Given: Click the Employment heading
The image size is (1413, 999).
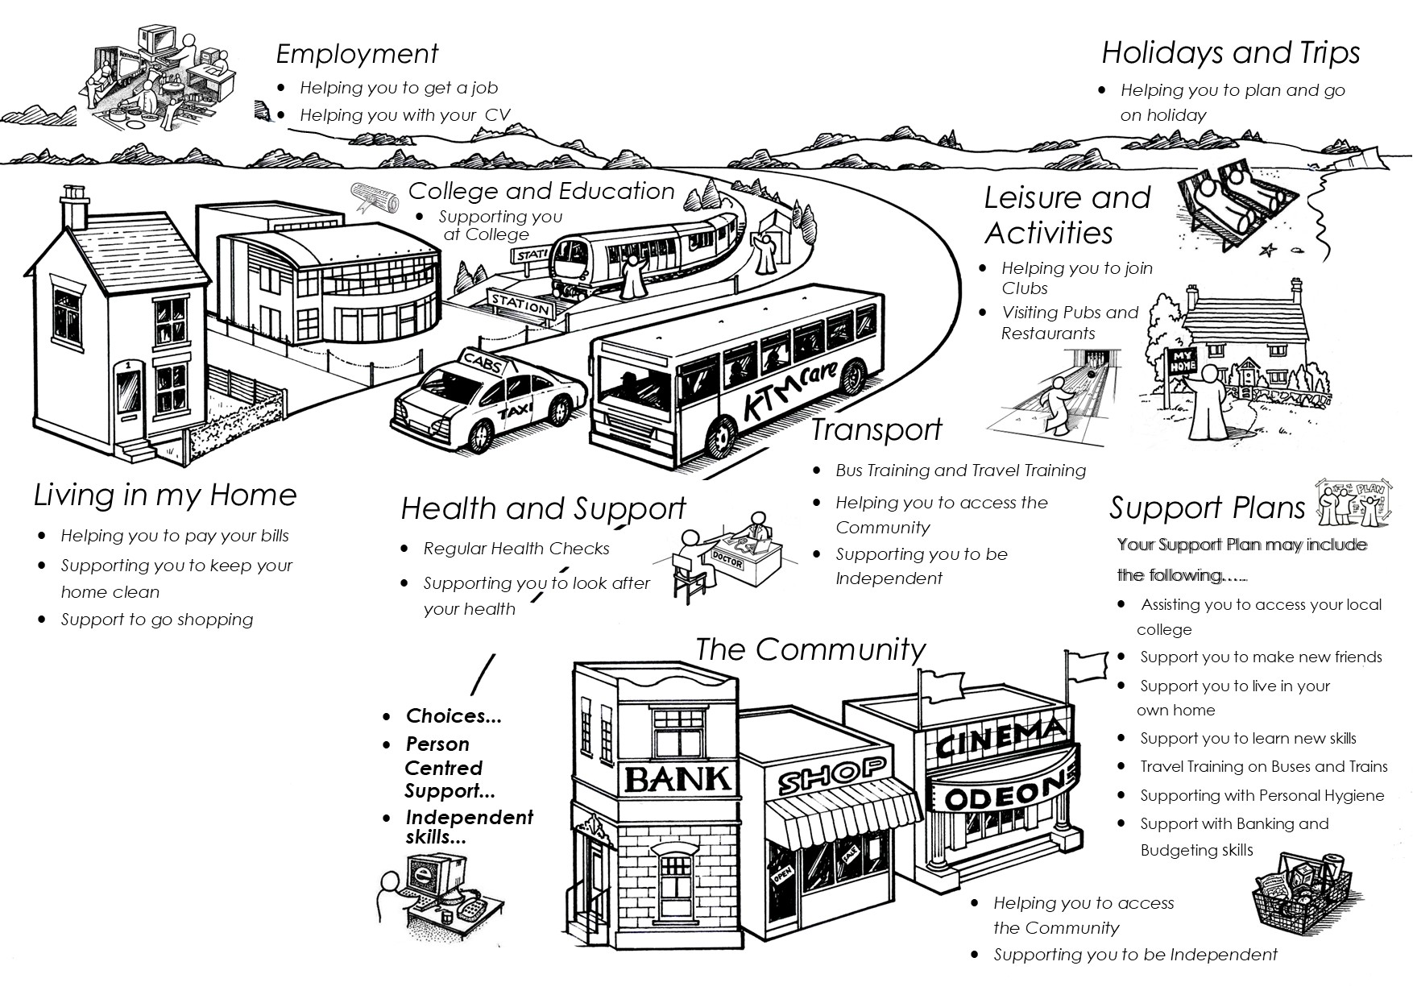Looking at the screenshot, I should click(357, 54).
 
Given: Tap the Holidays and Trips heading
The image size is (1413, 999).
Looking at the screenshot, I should click(1230, 53).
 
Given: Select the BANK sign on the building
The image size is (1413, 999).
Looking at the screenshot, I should click(677, 779).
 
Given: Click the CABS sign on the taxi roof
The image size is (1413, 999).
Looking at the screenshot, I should click(482, 363).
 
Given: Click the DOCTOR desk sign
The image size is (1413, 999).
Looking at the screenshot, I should click(727, 562).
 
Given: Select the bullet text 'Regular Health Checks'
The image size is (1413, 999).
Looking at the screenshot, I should click(516, 549).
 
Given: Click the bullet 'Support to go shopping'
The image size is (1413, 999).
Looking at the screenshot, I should click(157, 620).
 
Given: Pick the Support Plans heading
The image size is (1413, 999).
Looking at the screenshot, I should click(1207, 508).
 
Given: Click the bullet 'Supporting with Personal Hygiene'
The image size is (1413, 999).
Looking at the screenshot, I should click(1262, 795).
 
